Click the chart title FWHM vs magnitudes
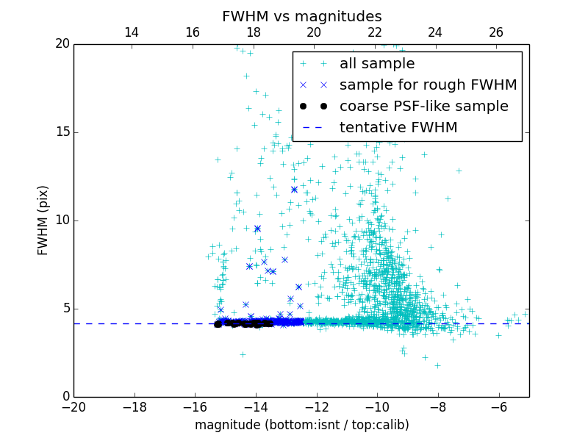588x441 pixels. click(x=301, y=16)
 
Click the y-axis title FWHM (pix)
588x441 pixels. click(x=43, y=220)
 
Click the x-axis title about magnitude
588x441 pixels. click(x=301, y=425)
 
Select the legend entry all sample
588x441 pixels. click(x=376, y=64)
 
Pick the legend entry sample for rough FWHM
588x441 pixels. click(x=428, y=85)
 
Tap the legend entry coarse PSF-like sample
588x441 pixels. click(x=423, y=107)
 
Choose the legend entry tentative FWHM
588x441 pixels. click(x=398, y=128)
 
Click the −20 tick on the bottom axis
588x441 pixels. click(x=73, y=407)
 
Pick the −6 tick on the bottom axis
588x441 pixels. click(x=498, y=407)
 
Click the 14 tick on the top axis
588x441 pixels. click(x=132, y=32)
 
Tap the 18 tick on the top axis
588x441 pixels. click(x=253, y=32)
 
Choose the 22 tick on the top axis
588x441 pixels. click(x=375, y=32)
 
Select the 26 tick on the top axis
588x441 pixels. click(x=496, y=32)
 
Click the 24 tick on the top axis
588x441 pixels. click(x=435, y=32)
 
